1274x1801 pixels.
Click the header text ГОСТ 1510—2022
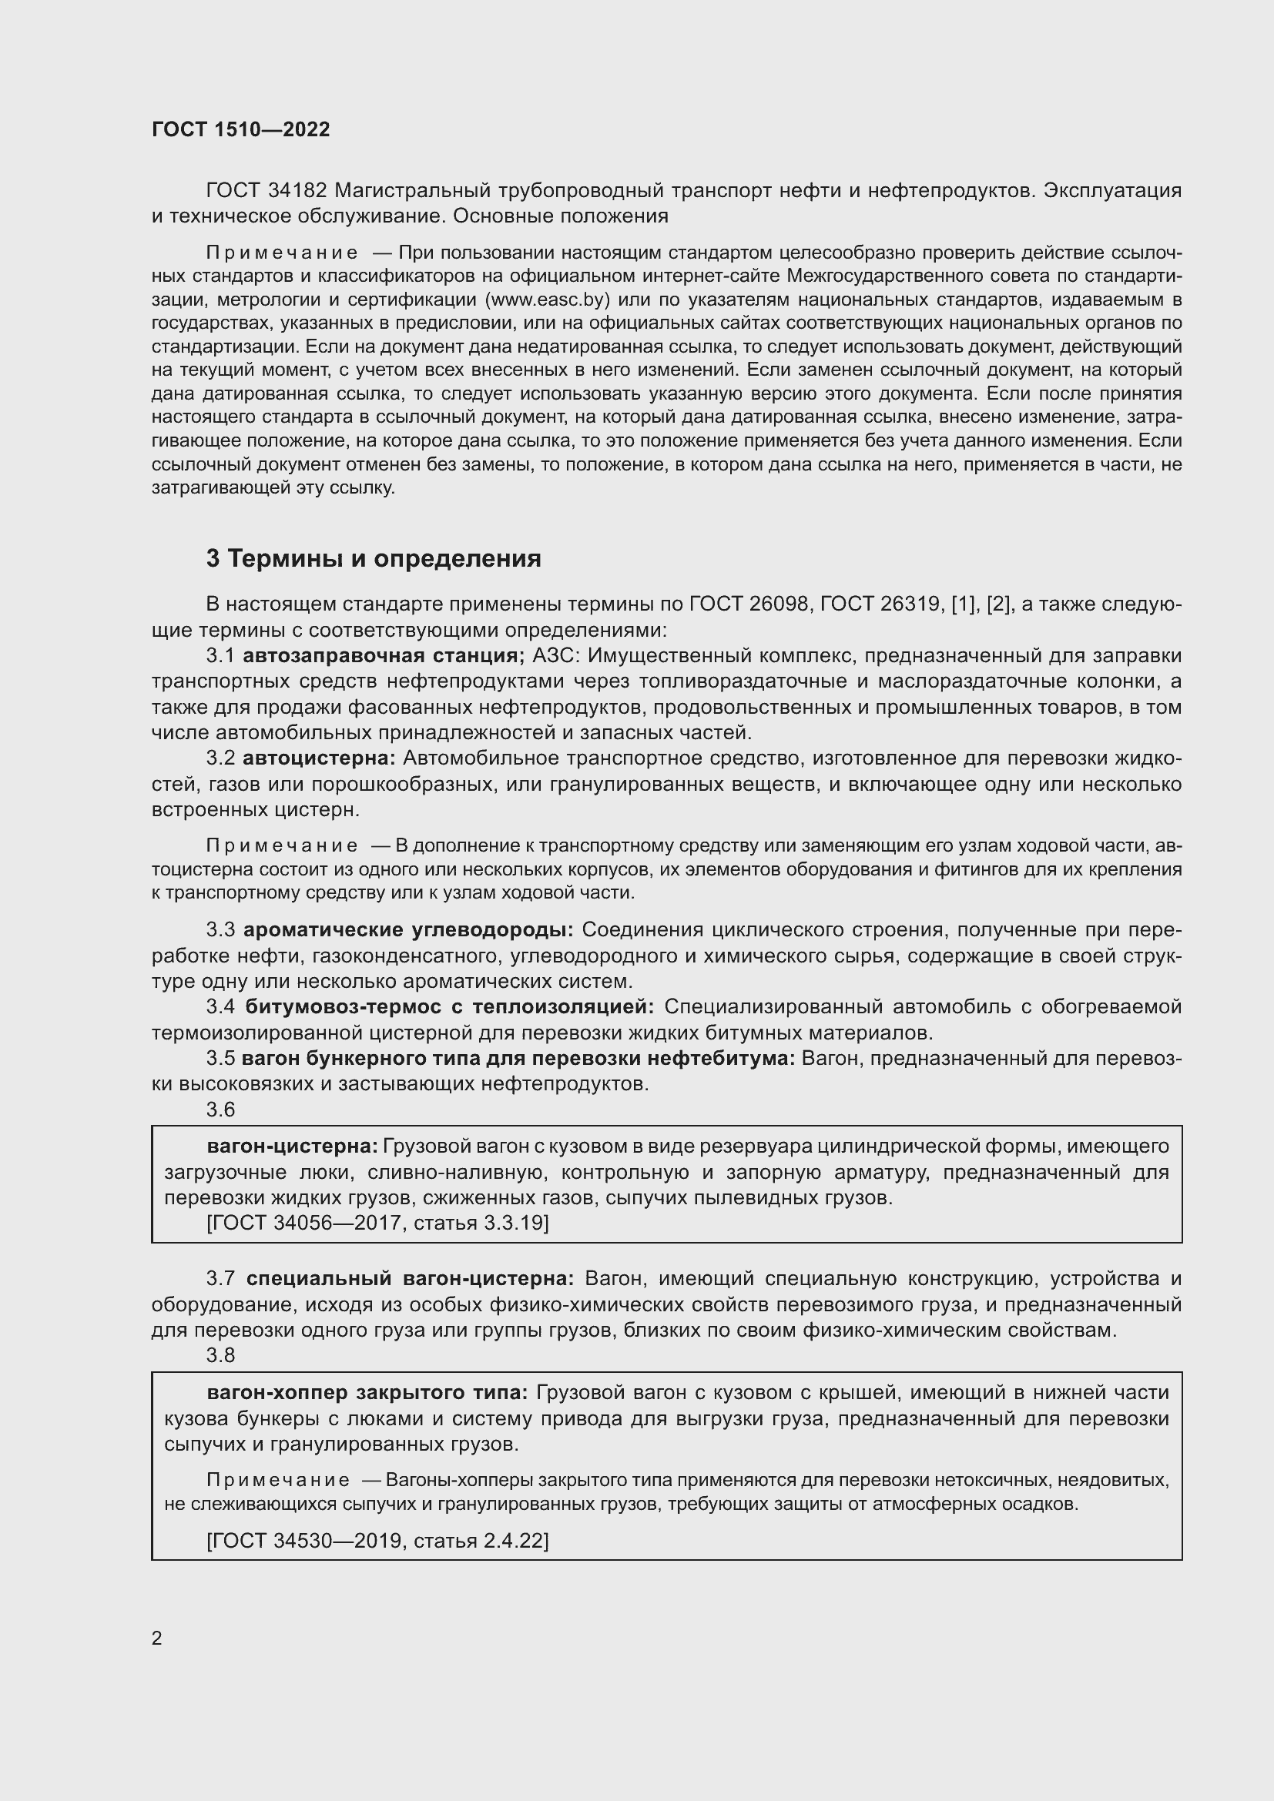(241, 129)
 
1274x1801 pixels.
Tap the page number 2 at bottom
(157, 1638)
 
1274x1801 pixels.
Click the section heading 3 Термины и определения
(374, 558)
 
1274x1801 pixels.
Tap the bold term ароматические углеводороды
(408, 929)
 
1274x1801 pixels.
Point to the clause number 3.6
(220, 1109)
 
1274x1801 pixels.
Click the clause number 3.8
(220, 1354)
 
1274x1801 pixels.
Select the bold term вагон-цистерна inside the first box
(293, 1146)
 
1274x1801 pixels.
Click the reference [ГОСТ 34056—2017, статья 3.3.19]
(377, 1223)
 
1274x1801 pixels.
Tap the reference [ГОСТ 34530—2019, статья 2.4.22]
(377, 1541)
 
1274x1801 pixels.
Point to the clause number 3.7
(220, 1278)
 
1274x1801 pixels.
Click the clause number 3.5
(220, 1058)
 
